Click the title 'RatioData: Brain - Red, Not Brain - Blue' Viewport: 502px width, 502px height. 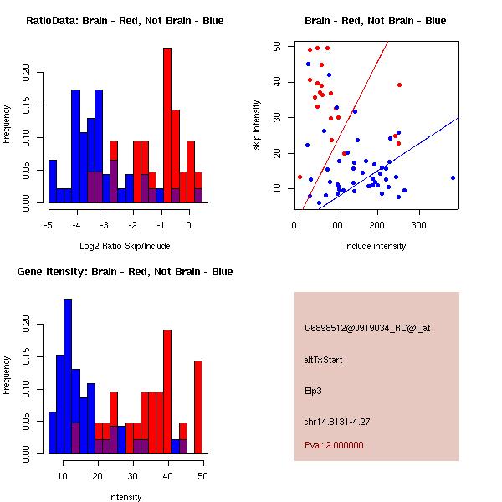pyautogui.click(x=125, y=21)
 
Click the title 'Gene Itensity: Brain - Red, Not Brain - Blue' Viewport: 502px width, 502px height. pyautogui.click(x=125, y=272)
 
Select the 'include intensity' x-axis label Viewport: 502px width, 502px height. pyautogui.click(x=376, y=246)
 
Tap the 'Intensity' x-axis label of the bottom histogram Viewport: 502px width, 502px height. pyautogui.click(x=125, y=497)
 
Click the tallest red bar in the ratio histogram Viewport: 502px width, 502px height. pyautogui.click(x=167, y=125)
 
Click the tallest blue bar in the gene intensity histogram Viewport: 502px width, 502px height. pyautogui.click(x=68, y=376)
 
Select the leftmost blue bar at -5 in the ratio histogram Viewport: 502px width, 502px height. pyautogui.click(x=53, y=181)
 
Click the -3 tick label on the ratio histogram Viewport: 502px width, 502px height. pyautogui.click(x=105, y=224)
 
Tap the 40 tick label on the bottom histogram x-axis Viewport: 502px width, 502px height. pyautogui.click(x=168, y=475)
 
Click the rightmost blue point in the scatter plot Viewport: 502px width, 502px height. pyautogui.click(x=453, y=177)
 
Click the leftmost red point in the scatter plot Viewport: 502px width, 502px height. pyautogui.click(x=300, y=177)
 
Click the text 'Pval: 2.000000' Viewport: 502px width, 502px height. pyautogui.click(x=334, y=445)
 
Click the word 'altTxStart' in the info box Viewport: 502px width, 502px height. pyautogui.click(x=324, y=360)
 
